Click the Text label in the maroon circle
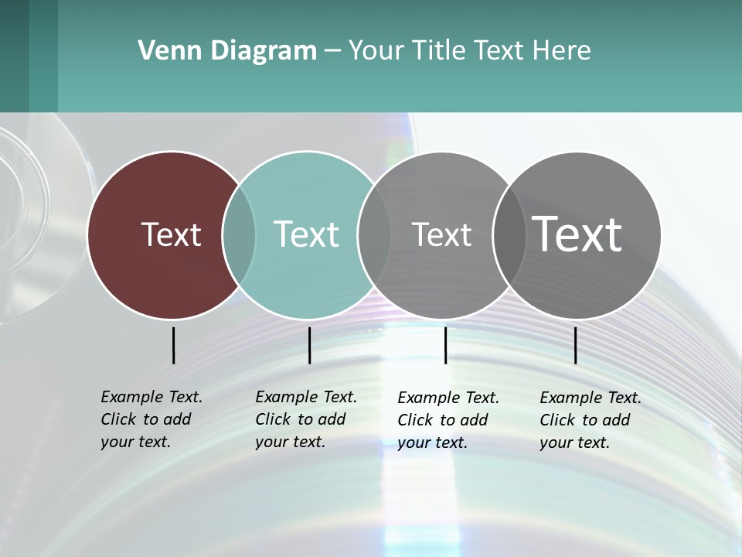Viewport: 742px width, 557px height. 171,234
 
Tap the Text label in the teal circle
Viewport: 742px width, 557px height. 306,234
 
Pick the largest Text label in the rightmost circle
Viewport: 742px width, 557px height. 577,234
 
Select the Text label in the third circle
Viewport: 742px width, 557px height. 441,234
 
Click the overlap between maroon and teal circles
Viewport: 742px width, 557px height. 239,235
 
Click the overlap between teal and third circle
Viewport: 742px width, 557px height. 374,235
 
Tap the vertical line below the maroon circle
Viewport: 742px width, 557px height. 173,345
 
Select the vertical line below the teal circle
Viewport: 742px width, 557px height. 309,345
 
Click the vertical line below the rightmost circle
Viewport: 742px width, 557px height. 575,345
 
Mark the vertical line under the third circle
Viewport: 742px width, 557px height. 445,345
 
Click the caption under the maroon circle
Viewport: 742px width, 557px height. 151,419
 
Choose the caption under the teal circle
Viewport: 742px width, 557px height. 306,419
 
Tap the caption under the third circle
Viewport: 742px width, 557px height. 448,420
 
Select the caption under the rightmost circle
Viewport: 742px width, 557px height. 591,420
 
